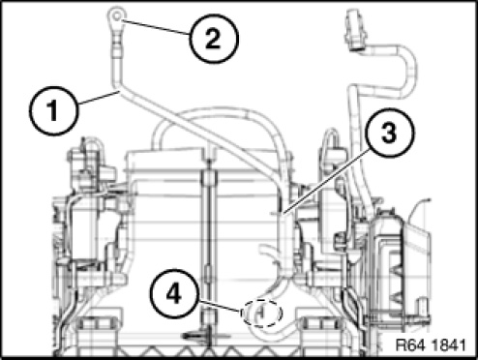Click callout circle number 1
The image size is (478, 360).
[53, 110]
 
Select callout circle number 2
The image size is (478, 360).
[214, 38]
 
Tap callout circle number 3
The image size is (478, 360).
[390, 133]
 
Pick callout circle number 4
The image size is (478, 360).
[174, 294]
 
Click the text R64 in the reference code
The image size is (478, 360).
[409, 345]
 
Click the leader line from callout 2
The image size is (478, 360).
[155, 27]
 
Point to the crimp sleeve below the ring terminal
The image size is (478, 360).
[117, 51]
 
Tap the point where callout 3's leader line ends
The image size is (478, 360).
[283, 214]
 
